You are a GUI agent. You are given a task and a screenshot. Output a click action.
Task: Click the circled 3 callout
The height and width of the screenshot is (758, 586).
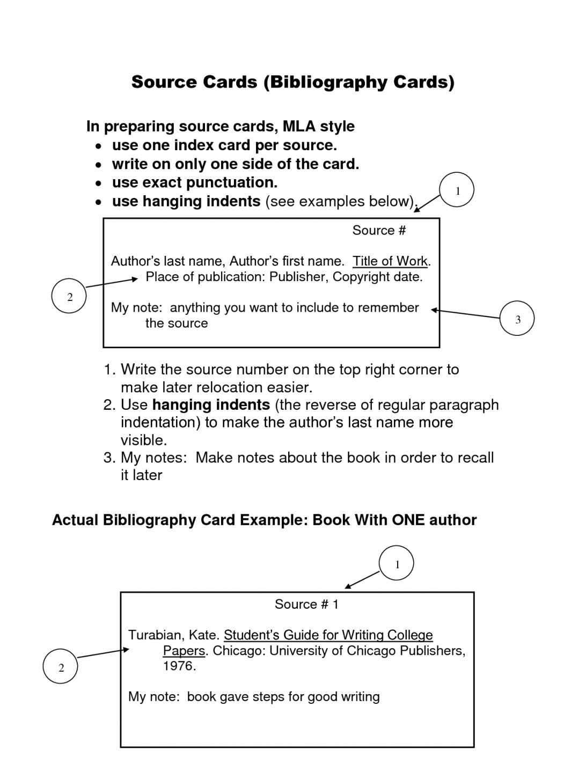click(517, 319)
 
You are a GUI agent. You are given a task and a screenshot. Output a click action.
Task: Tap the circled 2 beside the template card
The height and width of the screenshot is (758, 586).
click(69, 297)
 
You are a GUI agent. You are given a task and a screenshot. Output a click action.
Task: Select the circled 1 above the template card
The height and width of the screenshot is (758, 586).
click(457, 190)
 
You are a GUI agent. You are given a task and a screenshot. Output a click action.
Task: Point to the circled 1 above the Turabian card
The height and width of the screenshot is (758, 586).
click(397, 564)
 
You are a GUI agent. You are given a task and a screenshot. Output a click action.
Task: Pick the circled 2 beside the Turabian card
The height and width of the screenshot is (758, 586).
click(61, 667)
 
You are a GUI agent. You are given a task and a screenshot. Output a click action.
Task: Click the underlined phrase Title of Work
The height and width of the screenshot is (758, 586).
click(390, 261)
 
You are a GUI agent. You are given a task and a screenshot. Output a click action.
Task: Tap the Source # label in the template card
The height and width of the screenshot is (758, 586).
click(379, 230)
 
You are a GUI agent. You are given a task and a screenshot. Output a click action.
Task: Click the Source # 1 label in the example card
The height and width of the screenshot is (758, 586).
click(306, 605)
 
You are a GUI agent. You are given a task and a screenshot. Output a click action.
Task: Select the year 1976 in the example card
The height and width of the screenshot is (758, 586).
click(178, 666)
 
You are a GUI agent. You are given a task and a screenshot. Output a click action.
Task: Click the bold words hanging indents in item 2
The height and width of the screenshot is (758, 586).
click(211, 404)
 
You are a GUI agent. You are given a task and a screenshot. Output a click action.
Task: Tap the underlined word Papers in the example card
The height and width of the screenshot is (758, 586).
click(184, 651)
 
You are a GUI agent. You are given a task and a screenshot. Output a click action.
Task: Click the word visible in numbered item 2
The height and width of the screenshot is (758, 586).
click(143, 440)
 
